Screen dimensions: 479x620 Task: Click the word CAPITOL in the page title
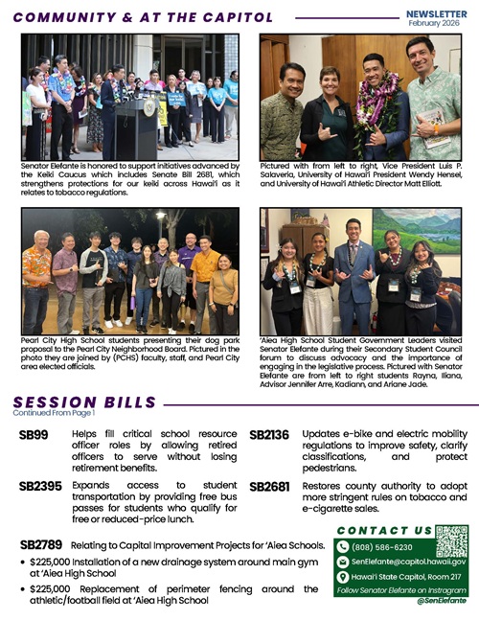[x=228, y=16]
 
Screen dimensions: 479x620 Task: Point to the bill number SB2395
[x=40, y=487]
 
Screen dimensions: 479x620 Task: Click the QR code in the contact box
[x=451, y=540]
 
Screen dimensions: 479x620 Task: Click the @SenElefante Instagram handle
[x=441, y=600]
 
